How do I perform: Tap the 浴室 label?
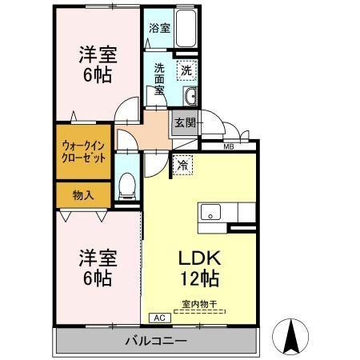click(x=159, y=28)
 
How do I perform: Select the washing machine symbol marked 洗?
click(x=186, y=70)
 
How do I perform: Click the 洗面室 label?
click(x=160, y=78)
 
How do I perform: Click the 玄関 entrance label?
click(x=186, y=122)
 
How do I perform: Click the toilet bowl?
click(x=126, y=189)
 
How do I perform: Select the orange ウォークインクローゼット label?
click(x=82, y=151)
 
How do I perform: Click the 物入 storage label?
click(x=82, y=194)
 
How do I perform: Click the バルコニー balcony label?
click(x=155, y=342)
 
